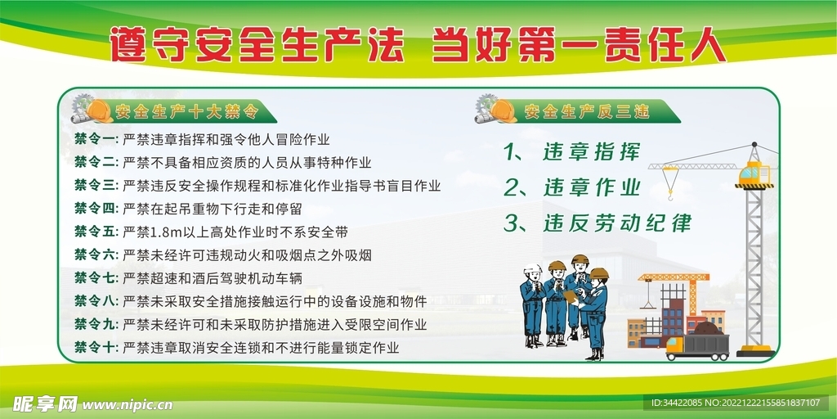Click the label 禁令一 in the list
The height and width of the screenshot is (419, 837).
click(x=96, y=140)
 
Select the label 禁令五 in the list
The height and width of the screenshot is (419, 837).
click(x=96, y=232)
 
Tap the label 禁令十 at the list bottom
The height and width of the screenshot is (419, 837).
click(x=96, y=347)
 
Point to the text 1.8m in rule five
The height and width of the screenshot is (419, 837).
click(x=171, y=232)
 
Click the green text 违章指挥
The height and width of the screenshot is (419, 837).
click(x=590, y=152)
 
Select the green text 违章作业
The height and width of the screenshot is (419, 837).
click(x=590, y=187)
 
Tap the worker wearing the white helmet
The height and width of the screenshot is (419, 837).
click(x=533, y=303)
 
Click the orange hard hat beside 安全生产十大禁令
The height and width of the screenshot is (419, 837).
click(x=100, y=111)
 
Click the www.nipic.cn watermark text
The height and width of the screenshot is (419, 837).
click(x=128, y=404)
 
